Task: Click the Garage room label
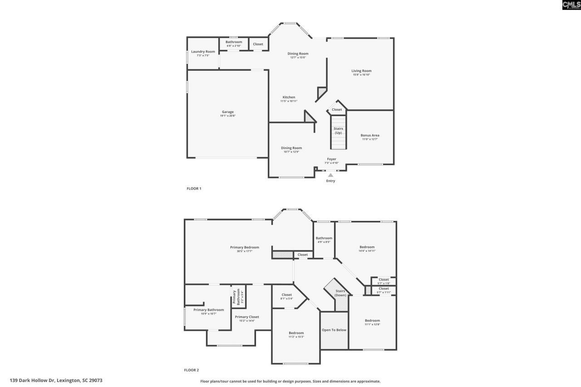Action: (227, 112)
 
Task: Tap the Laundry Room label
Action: (203, 52)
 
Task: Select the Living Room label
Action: (361, 71)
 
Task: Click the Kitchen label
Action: (289, 97)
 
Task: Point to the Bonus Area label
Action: (370, 135)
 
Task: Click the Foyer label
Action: (331, 159)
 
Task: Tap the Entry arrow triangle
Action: (330, 175)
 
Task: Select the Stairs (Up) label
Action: (338, 131)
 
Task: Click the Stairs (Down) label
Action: (340, 293)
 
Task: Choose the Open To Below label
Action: (334, 330)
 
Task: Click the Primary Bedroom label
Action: (244, 247)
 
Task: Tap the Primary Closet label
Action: (247, 317)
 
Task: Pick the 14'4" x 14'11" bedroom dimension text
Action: (367, 251)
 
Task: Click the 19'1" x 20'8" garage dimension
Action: (227, 116)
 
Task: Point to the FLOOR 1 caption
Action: (194, 188)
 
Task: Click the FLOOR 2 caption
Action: (192, 370)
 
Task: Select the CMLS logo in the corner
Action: (571, 5)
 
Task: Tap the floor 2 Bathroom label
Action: (324, 238)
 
